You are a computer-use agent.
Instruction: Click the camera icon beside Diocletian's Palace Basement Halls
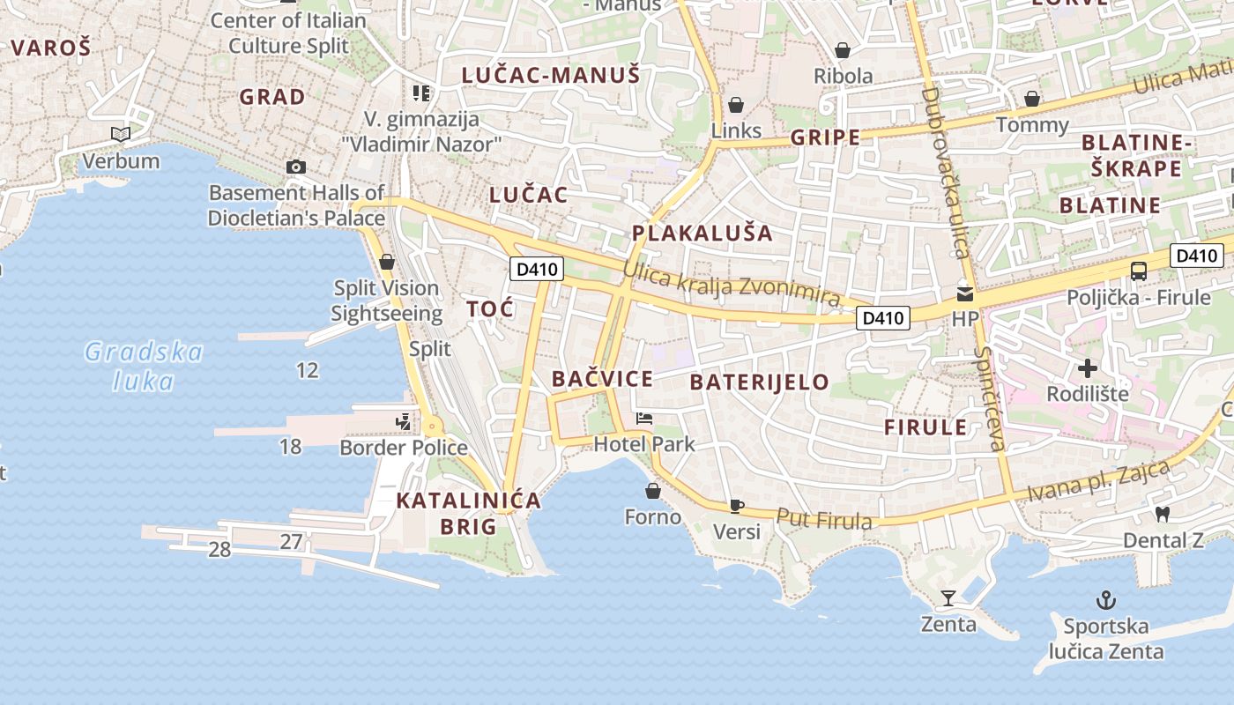point(296,167)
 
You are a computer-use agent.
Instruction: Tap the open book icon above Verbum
point(121,134)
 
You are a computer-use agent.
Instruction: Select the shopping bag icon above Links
point(736,105)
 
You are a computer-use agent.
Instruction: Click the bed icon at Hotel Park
point(644,418)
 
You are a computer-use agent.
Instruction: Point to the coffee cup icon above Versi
point(736,506)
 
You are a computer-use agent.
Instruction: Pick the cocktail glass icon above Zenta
point(948,598)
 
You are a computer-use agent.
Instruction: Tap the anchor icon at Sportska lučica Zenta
point(1105,601)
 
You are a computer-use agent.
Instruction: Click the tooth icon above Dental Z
point(1163,514)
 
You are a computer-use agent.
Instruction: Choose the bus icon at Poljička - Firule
point(1139,271)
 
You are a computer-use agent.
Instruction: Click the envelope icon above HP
point(965,293)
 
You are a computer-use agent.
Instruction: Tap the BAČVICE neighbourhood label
point(602,379)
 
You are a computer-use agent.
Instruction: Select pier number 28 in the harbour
point(219,550)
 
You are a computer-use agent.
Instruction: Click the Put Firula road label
point(824,519)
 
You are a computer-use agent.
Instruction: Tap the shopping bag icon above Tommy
point(1031,99)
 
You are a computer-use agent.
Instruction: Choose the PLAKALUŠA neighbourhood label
point(702,234)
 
